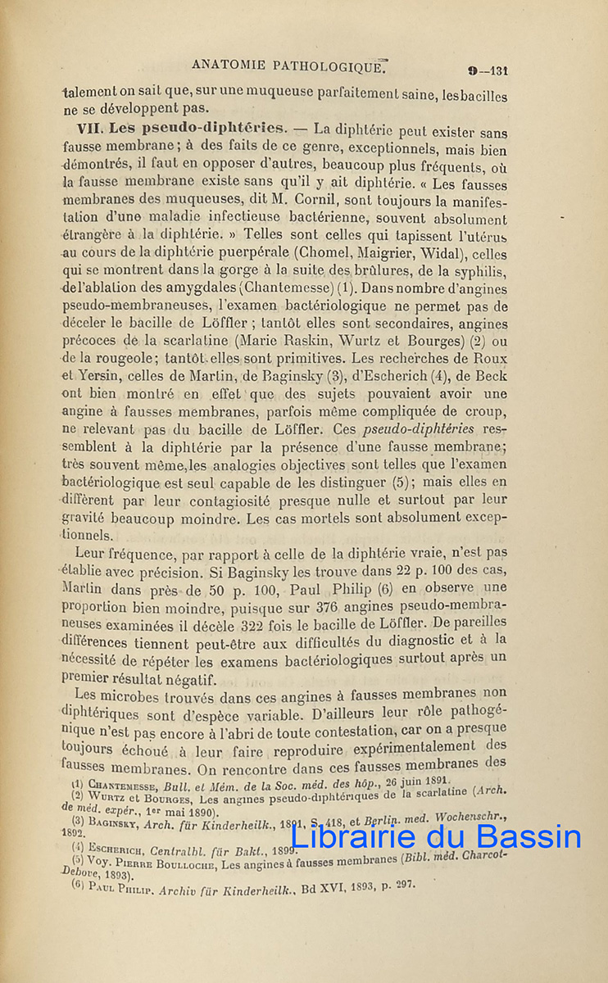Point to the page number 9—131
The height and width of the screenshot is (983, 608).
pos(488,70)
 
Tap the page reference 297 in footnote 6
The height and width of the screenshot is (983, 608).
pos(406,886)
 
